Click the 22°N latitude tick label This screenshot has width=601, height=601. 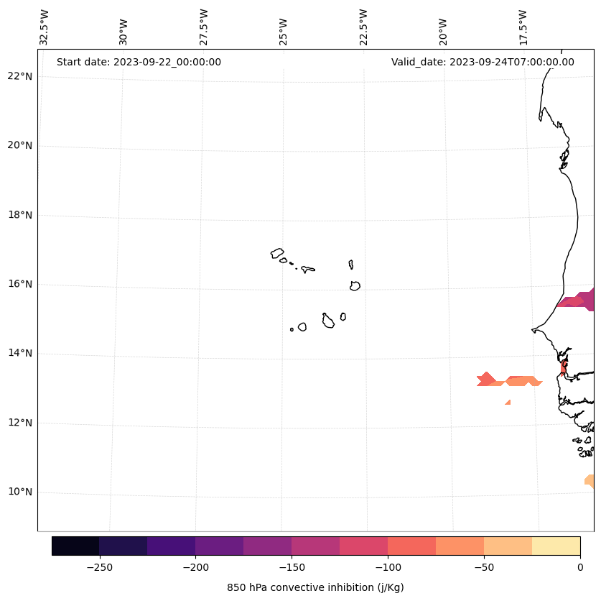(20, 76)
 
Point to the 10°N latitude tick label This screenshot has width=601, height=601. (20, 492)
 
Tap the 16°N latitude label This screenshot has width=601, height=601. (20, 284)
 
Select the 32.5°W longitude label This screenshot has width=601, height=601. (45, 27)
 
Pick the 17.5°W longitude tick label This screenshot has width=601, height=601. (523, 27)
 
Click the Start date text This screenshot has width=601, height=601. (139, 62)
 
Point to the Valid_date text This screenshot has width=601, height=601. (483, 62)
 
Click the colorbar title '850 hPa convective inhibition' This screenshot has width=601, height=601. (315, 587)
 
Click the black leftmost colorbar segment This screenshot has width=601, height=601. (75, 546)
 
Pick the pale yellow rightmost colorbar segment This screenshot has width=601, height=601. (556, 546)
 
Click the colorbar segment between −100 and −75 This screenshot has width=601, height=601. (411, 546)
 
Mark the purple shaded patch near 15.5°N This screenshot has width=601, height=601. (578, 300)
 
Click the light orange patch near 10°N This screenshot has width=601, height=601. (590, 480)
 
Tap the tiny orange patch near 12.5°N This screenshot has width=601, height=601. (508, 402)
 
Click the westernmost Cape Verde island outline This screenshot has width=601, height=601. (277, 253)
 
